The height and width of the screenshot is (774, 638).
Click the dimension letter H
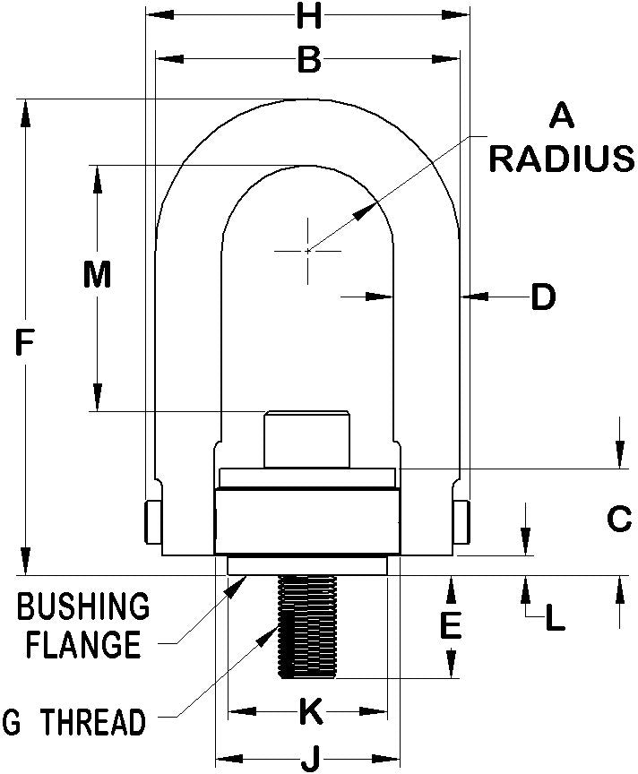click(308, 15)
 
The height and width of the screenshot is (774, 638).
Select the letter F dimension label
click(26, 340)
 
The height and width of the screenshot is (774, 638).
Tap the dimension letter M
click(96, 275)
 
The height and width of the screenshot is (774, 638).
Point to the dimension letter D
click(543, 297)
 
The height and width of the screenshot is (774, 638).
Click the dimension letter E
click(451, 624)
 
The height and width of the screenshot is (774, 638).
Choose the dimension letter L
click(556, 618)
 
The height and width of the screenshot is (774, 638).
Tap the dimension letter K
click(309, 712)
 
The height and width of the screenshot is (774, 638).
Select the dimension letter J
click(309, 761)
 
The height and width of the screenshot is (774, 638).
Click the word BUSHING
click(84, 606)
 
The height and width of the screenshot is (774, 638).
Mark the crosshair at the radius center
click(307, 251)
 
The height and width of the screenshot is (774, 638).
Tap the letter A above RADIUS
click(561, 116)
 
